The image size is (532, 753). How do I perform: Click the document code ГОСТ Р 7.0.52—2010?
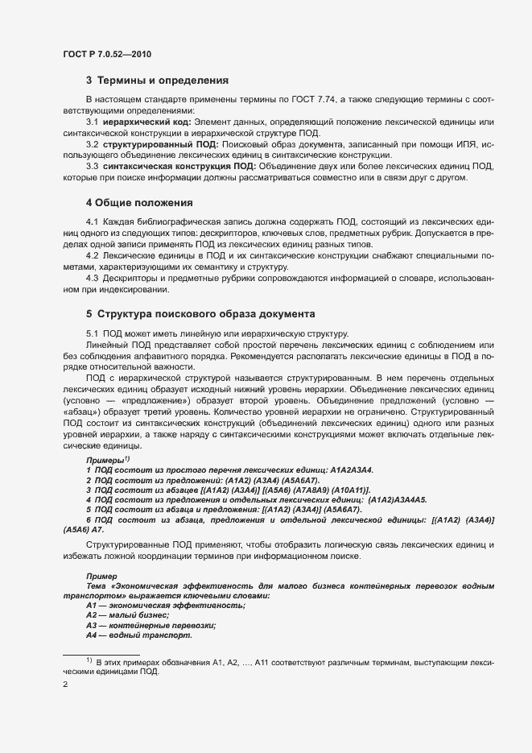pos(106,54)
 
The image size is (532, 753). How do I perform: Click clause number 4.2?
pos(93,254)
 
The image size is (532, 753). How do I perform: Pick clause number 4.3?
pos(93,278)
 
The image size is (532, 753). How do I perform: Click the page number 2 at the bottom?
pos(65,686)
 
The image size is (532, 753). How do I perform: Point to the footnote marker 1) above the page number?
pos(89,660)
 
